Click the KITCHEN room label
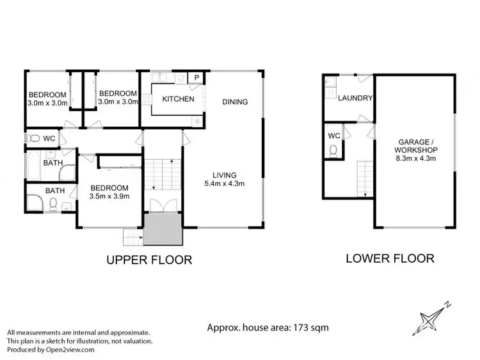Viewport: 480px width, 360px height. click(178, 99)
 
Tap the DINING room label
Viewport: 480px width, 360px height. click(236, 102)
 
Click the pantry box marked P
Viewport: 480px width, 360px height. click(196, 78)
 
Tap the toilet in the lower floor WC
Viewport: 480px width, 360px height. click(334, 150)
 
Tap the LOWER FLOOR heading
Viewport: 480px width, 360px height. click(390, 259)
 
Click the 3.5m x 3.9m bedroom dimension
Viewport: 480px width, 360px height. click(109, 196)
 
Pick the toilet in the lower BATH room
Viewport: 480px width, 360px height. click(56, 204)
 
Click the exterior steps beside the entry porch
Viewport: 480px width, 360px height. click(132, 237)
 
